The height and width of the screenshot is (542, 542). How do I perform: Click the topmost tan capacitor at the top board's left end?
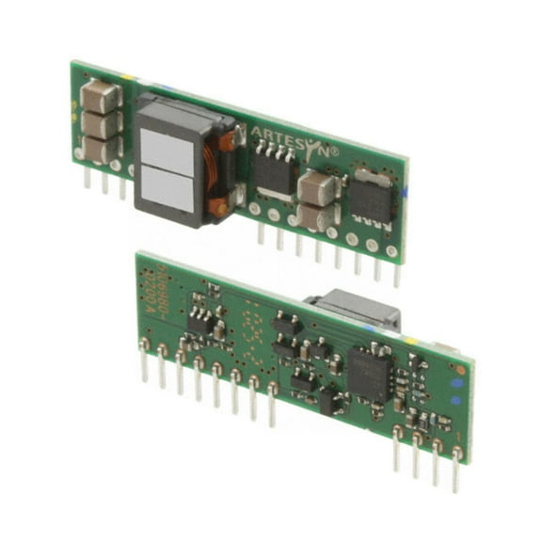tap(100, 96)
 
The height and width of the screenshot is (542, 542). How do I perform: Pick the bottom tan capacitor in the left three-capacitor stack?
tap(100, 148)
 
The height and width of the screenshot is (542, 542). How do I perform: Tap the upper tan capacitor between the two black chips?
tap(317, 187)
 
